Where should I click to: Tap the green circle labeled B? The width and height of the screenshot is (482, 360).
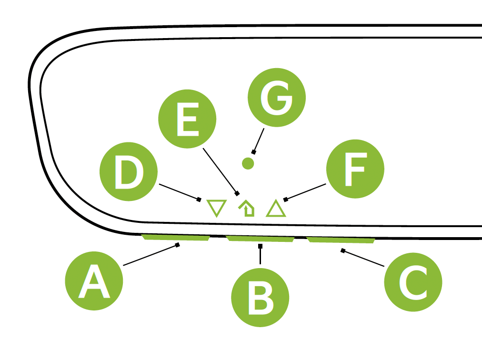point(260,299)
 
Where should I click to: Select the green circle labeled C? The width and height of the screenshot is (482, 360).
point(413,282)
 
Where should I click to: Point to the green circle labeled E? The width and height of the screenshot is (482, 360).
point(187,119)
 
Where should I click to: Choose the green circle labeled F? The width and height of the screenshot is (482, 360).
point(355,169)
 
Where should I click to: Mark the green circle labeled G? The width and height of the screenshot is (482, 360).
point(277,97)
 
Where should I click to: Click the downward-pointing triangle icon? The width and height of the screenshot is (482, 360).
point(216,208)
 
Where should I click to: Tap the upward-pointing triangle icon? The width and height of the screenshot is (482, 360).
point(276,209)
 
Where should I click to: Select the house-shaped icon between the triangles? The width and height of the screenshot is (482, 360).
point(247,209)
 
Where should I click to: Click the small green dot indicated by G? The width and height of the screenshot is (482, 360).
point(248,163)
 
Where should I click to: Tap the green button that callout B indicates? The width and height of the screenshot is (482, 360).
point(260,239)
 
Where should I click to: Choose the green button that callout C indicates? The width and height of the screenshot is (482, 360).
point(341,240)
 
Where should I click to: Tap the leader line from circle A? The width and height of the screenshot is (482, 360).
point(151,255)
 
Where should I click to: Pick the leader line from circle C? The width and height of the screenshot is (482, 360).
point(363,258)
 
